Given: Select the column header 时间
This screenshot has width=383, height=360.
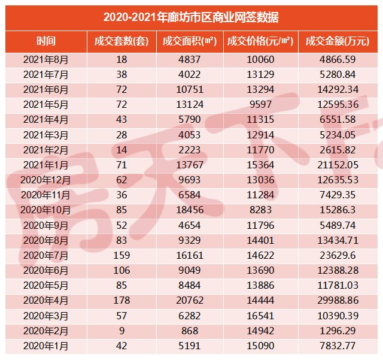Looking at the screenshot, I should point(46,41).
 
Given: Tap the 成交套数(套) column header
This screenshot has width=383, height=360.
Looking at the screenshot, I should point(121,41).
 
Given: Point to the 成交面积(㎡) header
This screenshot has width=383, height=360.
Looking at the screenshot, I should point(190,41).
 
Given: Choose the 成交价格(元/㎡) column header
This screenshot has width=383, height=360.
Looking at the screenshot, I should point(261,41).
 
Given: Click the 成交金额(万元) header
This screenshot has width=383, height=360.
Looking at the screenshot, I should point(338,41).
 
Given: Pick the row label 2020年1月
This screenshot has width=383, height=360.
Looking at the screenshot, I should point(46,346).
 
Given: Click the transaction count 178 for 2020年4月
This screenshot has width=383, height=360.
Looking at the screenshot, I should point(121,300).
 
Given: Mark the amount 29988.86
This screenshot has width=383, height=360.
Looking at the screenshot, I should point(338,300).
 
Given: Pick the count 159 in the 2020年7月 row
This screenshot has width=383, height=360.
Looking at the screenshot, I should point(121,254).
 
